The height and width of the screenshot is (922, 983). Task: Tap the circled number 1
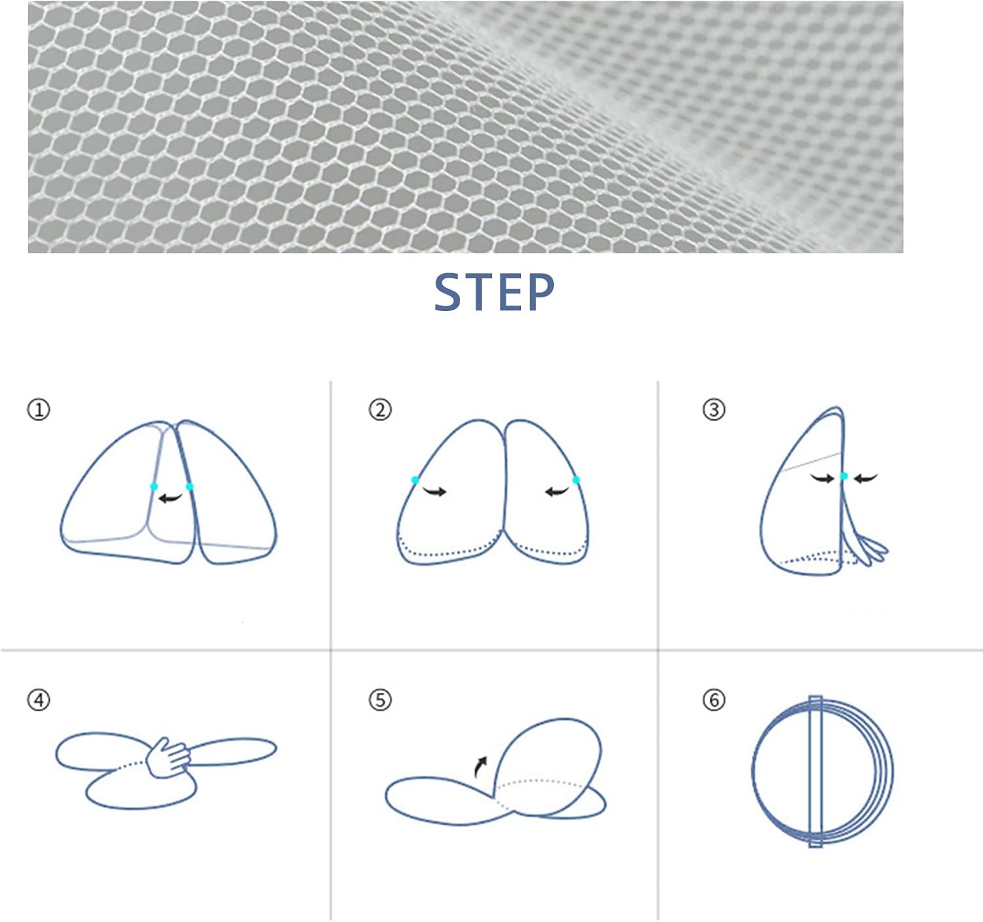pyautogui.click(x=39, y=410)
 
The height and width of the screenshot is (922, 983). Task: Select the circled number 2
pyautogui.click(x=380, y=410)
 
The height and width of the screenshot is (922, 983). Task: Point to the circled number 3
pyautogui.click(x=714, y=410)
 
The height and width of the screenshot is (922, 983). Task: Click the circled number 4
pyautogui.click(x=39, y=700)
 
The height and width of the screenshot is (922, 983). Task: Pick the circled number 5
pyautogui.click(x=380, y=700)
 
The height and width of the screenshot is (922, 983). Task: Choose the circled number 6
pyautogui.click(x=714, y=700)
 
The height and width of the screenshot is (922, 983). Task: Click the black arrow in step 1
pyautogui.click(x=170, y=498)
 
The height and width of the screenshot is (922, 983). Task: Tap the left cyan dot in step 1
pyautogui.click(x=154, y=487)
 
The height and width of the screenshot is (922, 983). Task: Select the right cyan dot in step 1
pyautogui.click(x=189, y=487)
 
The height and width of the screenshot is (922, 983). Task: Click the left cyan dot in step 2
pyautogui.click(x=415, y=480)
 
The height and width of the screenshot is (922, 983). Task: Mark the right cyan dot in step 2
pyautogui.click(x=575, y=480)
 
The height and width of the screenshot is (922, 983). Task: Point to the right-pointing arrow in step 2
pyautogui.click(x=435, y=491)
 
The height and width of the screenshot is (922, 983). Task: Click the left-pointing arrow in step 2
pyautogui.click(x=557, y=491)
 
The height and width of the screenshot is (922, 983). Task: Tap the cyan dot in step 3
pyautogui.click(x=844, y=476)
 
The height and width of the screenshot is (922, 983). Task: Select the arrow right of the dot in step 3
pyautogui.click(x=866, y=478)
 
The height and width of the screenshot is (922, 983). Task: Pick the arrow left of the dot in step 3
pyautogui.click(x=822, y=478)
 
